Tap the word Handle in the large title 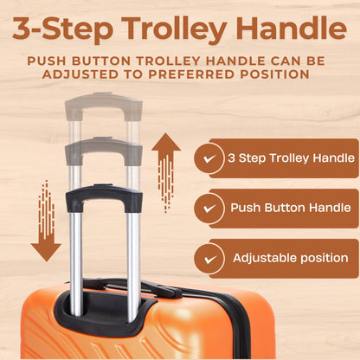pyautogui.click(x=291, y=29)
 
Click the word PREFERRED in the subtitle pyautogui.click(x=188, y=76)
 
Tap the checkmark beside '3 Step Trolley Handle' pyautogui.click(x=208, y=159)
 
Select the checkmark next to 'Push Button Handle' pyautogui.click(x=208, y=209)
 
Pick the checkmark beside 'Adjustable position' pyautogui.click(x=208, y=258)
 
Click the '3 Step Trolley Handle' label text pyautogui.click(x=291, y=158)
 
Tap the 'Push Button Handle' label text pyautogui.click(x=290, y=208)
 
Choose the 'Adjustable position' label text pyautogui.click(x=290, y=258)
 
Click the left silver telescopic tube pyautogui.click(x=75, y=251)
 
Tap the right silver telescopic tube pyautogui.click(x=133, y=251)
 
